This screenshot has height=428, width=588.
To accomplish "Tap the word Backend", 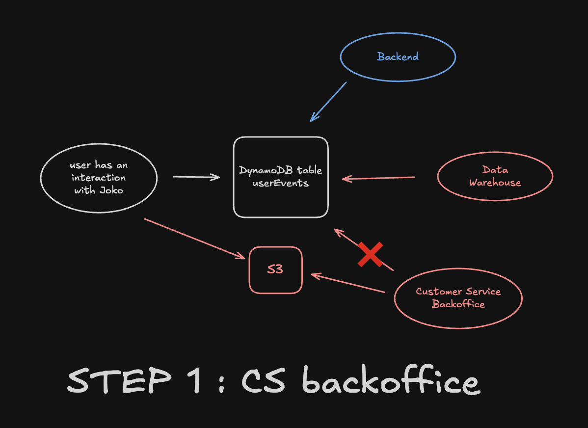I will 398,57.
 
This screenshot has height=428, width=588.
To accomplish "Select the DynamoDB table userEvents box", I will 280,201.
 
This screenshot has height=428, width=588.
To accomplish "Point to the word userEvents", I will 280,183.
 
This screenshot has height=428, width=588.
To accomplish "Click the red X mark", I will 370,255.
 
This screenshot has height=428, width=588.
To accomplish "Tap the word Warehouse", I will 495,183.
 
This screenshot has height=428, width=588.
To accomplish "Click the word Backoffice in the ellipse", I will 458,304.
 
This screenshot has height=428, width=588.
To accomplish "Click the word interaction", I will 99,178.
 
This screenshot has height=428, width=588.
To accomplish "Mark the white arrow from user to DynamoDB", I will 196,177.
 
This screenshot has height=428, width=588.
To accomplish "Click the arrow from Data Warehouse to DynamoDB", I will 378,178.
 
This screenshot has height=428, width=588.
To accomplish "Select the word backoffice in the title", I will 391,382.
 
